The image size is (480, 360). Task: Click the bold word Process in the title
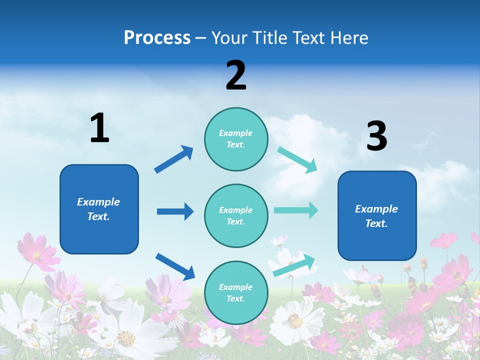pos(157,37)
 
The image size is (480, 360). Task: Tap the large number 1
pos(99,128)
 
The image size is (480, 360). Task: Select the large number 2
pos(236,75)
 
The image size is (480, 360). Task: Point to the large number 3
pos(376,136)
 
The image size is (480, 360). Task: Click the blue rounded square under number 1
pos(99,209)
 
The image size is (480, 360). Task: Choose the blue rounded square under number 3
pos(377,215)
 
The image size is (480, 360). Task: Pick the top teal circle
pos(236,138)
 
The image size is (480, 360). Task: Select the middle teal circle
pos(236,215)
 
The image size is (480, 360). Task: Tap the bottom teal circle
pos(236,292)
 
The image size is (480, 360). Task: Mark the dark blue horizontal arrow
pos(175,211)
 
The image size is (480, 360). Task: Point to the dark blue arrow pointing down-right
pos(175,266)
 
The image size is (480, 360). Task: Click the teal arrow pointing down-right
pos(297,160)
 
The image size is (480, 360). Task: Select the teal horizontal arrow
pos(295,210)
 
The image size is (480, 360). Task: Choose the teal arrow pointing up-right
pos(294,265)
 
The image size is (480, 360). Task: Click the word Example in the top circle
pos(236,133)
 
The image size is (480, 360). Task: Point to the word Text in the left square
pos(98,216)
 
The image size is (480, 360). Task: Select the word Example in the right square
pos(376,209)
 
